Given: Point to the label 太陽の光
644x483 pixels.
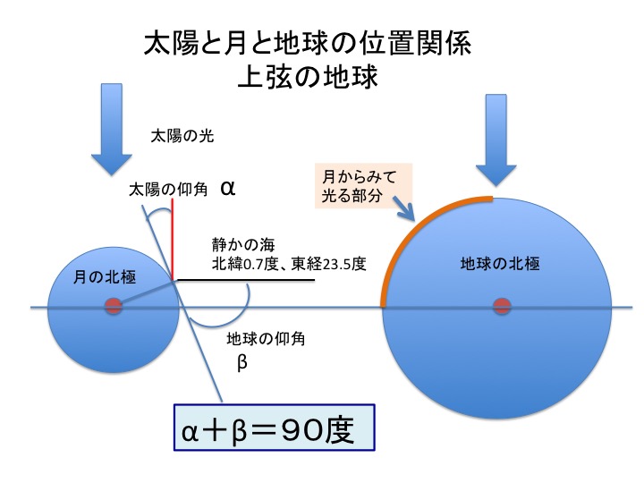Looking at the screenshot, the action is click(x=182, y=137).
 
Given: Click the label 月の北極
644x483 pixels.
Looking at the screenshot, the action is click(x=104, y=277).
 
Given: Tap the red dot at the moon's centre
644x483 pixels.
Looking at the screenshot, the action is click(x=113, y=307).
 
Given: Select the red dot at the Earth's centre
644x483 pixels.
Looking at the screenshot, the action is click(x=501, y=307).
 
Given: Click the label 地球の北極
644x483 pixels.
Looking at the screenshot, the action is click(x=500, y=265).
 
